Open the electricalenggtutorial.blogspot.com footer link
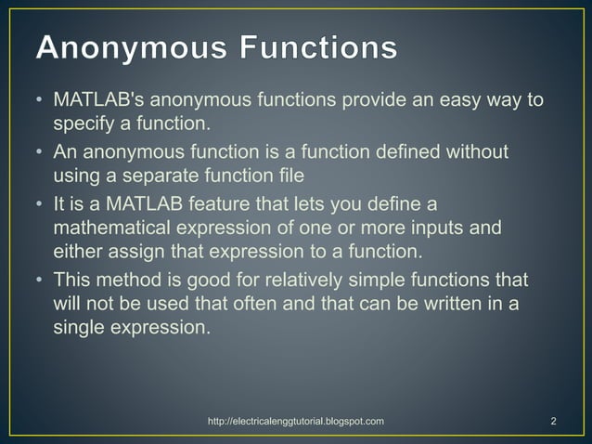click(x=296, y=422)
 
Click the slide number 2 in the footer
click(x=553, y=422)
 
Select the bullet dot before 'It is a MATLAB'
click(x=39, y=202)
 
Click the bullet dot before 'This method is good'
click(x=39, y=279)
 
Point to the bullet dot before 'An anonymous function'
click(x=39, y=150)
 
